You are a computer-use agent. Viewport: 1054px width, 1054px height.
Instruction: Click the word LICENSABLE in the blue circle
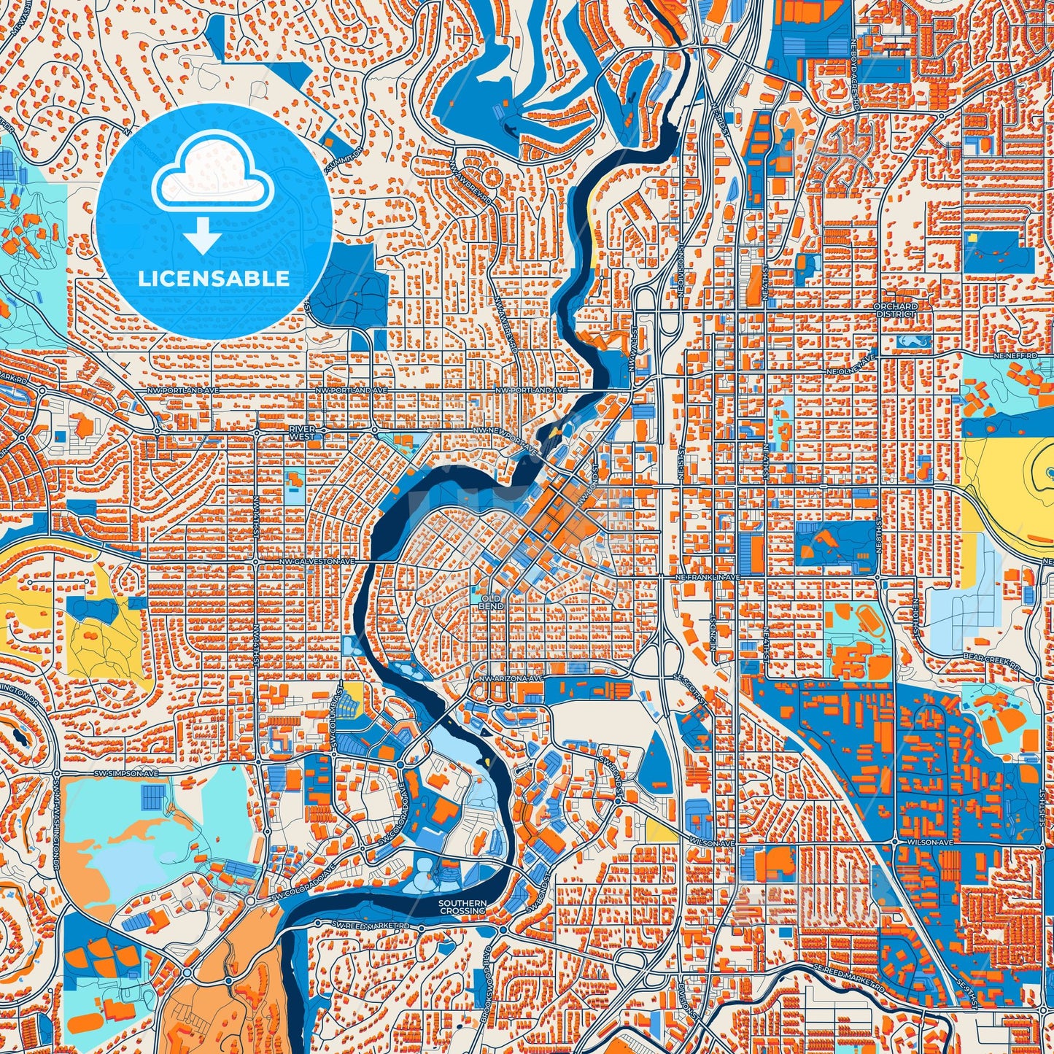tap(214, 279)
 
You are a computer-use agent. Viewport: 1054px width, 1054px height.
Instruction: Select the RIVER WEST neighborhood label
tap(301, 433)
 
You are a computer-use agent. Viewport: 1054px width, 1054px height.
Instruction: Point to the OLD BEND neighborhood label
tap(491, 602)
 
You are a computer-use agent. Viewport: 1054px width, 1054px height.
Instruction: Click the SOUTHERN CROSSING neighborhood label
tap(462, 907)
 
